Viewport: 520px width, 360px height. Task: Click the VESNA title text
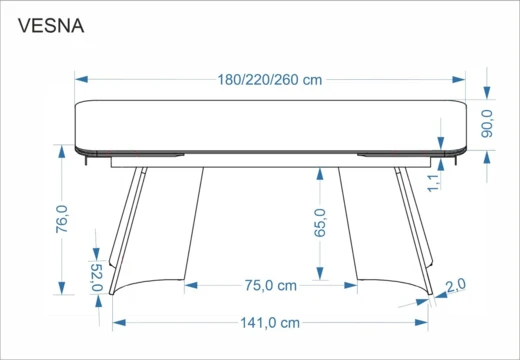(51, 26)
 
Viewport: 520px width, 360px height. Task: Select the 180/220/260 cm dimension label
(270, 80)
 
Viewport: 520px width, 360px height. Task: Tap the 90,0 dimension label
(487, 124)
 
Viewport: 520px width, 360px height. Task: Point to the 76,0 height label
(62, 219)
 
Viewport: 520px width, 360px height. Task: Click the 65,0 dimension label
(320, 223)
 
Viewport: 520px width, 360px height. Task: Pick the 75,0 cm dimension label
(271, 286)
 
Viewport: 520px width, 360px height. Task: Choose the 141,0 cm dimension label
(270, 323)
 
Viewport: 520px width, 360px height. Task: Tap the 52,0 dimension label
(97, 277)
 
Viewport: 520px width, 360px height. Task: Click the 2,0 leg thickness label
(456, 285)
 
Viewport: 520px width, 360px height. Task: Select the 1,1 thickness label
(434, 183)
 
